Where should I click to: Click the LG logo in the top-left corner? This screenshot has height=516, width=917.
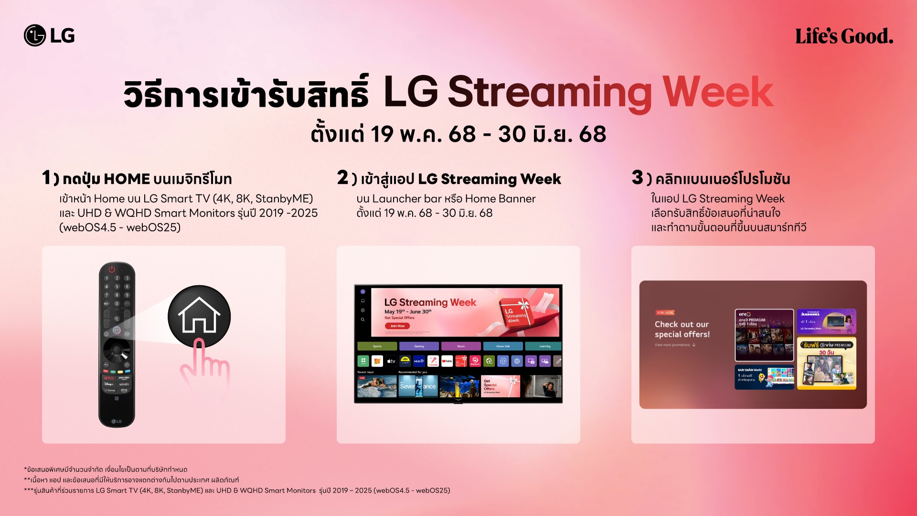coord(49,36)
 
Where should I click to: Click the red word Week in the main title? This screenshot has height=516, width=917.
coord(717,92)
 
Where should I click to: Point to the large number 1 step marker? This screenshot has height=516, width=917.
coord(46,178)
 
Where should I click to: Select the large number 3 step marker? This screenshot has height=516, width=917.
coord(637,178)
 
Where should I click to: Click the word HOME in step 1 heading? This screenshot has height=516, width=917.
coord(127,179)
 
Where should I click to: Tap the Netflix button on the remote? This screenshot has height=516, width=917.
coord(109,378)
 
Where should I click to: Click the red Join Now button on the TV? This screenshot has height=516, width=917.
coord(397,326)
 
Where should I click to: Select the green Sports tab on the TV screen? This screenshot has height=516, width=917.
coord(377,346)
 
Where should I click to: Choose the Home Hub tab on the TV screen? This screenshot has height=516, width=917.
coord(503,346)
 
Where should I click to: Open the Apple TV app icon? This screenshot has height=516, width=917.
coord(391,361)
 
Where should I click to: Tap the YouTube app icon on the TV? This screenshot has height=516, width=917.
coord(447,361)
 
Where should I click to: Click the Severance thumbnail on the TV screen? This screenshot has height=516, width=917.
coord(418,386)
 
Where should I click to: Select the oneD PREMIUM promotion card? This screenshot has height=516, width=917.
coord(764,334)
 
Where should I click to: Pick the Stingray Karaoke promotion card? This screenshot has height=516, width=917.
coord(826,321)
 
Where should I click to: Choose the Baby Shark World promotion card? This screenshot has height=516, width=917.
coord(764,377)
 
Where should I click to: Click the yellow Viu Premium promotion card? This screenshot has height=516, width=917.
coord(826,363)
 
